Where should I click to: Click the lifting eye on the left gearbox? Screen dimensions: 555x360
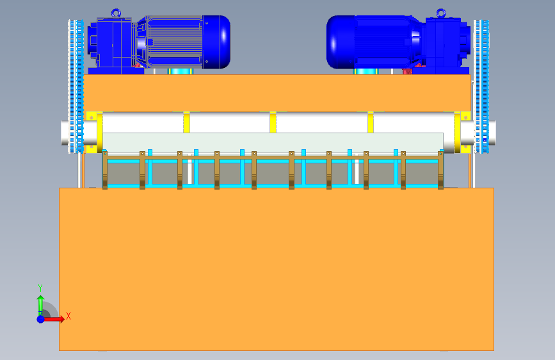click(x=116, y=12)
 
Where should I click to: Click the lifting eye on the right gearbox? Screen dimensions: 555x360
click(x=440, y=12)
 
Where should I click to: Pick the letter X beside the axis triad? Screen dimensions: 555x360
click(x=68, y=316)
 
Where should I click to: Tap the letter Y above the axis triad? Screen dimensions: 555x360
click(x=40, y=288)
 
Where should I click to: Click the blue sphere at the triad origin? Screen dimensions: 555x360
click(x=40, y=318)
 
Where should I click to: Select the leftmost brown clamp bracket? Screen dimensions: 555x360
click(x=105, y=170)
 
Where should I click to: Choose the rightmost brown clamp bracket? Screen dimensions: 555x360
click(x=440, y=170)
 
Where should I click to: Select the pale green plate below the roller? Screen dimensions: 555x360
click(x=273, y=142)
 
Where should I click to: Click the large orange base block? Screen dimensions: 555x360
click(x=276, y=269)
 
